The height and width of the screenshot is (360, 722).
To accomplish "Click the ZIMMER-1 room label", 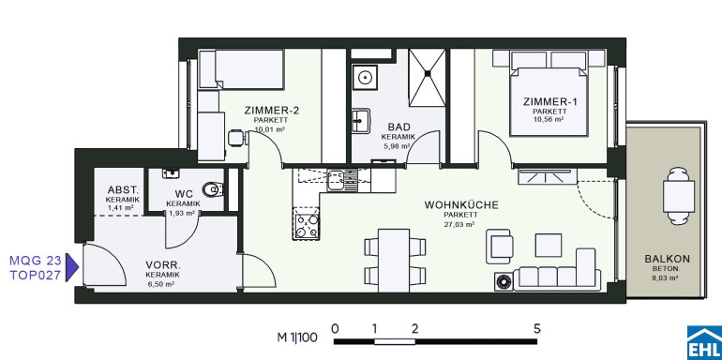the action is (x=549, y=102).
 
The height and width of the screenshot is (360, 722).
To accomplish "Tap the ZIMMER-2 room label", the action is (x=272, y=111).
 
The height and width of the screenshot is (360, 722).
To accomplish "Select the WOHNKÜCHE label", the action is (x=461, y=205).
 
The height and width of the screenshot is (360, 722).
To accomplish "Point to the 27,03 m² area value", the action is (x=461, y=225).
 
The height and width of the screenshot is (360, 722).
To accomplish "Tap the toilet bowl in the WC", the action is (x=214, y=188).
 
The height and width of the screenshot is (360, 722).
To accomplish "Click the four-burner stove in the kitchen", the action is (x=306, y=223).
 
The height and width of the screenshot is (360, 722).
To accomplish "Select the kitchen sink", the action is (x=341, y=180).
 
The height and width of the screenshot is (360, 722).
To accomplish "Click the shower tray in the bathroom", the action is (x=428, y=77).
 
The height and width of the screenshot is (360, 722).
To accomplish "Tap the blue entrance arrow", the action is (x=72, y=267).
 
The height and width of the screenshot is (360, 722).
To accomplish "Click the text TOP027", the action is (x=35, y=276).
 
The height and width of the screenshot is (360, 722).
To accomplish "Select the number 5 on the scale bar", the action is (x=536, y=329).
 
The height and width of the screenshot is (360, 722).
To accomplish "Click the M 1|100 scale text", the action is (x=297, y=337).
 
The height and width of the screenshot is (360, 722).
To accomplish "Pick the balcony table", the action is (x=678, y=196).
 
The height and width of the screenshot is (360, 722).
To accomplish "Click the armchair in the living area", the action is (x=500, y=247).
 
